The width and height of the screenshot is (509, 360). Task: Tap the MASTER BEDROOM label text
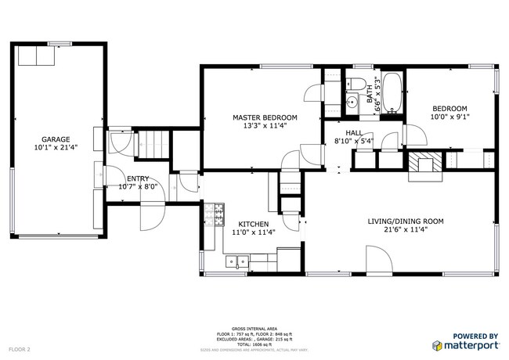click(265, 117)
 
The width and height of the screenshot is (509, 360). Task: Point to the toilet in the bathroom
click(354, 85)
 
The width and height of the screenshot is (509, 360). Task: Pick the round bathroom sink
click(352, 101)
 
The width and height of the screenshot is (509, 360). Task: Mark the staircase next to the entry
click(153, 145)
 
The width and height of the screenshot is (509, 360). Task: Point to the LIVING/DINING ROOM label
click(406, 221)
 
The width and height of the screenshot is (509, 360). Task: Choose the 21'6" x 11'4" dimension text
click(406, 230)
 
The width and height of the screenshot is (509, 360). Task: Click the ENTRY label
click(138, 178)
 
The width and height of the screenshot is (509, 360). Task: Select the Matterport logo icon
click(436, 344)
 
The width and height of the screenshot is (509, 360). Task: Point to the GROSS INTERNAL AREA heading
click(254, 329)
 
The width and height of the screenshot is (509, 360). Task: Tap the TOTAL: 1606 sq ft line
click(254, 344)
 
